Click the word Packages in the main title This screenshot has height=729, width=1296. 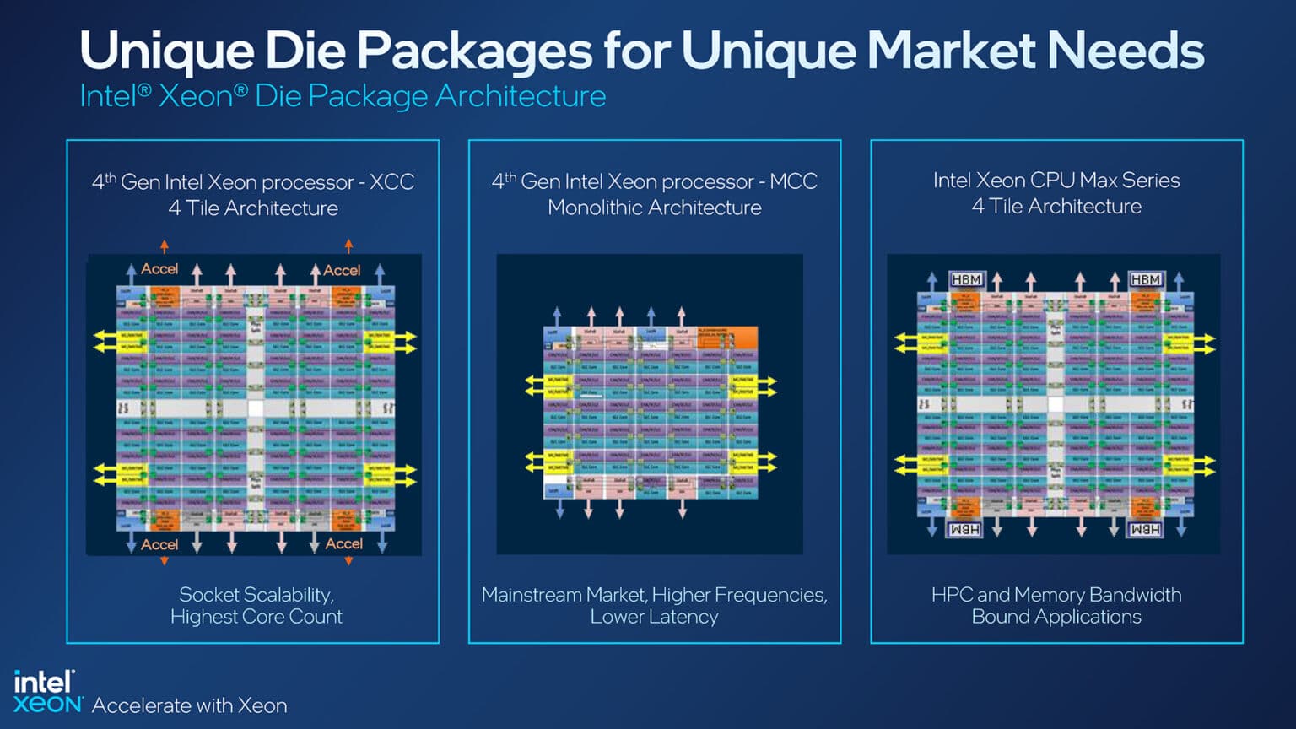pos(474,51)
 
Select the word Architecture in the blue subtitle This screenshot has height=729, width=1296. pos(521,96)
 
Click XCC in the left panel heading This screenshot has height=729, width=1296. pos(391,182)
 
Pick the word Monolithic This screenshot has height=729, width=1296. pos(597,208)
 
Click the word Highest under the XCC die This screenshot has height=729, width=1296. pos(203,617)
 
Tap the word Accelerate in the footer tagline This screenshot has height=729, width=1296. pos(140,705)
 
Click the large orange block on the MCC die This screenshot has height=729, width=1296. pos(727,337)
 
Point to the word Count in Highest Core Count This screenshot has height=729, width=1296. pos(316,617)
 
